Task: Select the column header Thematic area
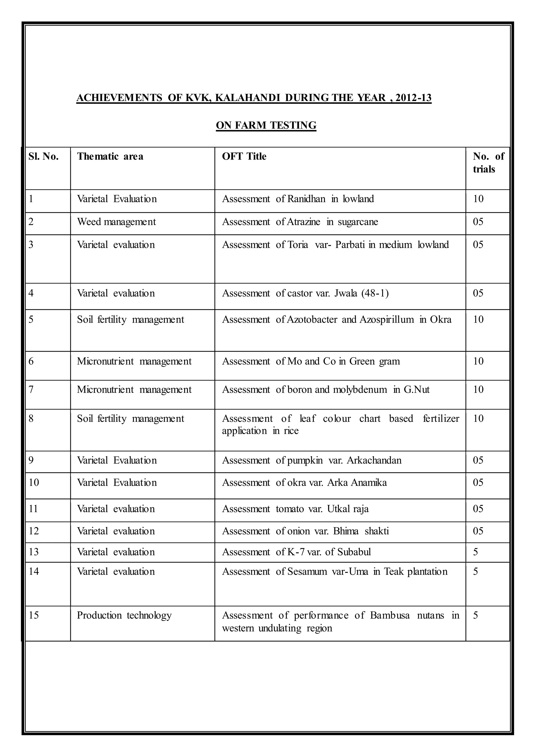click(x=110, y=156)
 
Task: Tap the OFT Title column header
click(x=244, y=156)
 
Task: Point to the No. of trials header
click(x=488, y=163)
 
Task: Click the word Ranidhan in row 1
click(x=306, y=199)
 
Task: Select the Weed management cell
click(x=116, y=222)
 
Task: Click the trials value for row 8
click(x=478, y=418)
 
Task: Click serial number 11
click(x=33, y=509)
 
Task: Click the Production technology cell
click(x=124, y=615)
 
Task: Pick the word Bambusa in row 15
click(x=390, y=615)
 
